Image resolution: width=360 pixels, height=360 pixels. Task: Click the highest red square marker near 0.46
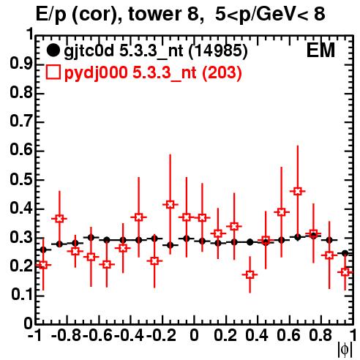pos(297,191)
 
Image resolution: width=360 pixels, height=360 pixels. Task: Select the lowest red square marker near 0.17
pos(250,274)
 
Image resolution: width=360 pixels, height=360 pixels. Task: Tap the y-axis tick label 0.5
pos(21,180)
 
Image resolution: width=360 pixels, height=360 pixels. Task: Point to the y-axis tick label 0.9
pos(21,64)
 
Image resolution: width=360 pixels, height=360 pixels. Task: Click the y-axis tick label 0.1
pos(21,295)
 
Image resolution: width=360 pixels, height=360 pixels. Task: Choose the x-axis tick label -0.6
pos(98,335)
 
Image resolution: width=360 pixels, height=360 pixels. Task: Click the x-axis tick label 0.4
pos(257,335)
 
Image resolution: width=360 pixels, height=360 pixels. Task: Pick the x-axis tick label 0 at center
pos(194,335)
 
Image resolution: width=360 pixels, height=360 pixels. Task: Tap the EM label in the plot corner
pos(320,50)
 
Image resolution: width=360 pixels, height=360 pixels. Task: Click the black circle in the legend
pos(53,50)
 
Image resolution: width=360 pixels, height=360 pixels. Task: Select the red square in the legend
pos(53,72)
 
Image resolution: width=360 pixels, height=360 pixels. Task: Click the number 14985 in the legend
pos(218,50)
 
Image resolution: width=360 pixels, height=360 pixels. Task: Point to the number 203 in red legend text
pos(222,72)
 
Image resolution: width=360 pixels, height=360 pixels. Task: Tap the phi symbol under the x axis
pos(345,350)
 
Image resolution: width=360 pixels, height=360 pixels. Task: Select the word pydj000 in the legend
pos(96,73)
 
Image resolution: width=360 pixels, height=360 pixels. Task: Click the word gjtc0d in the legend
pos(89,51)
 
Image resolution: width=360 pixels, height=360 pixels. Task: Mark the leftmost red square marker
pos(43,265)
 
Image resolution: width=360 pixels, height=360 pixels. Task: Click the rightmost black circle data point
pos(345,253)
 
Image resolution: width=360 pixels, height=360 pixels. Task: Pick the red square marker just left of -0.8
pos(59,219)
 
